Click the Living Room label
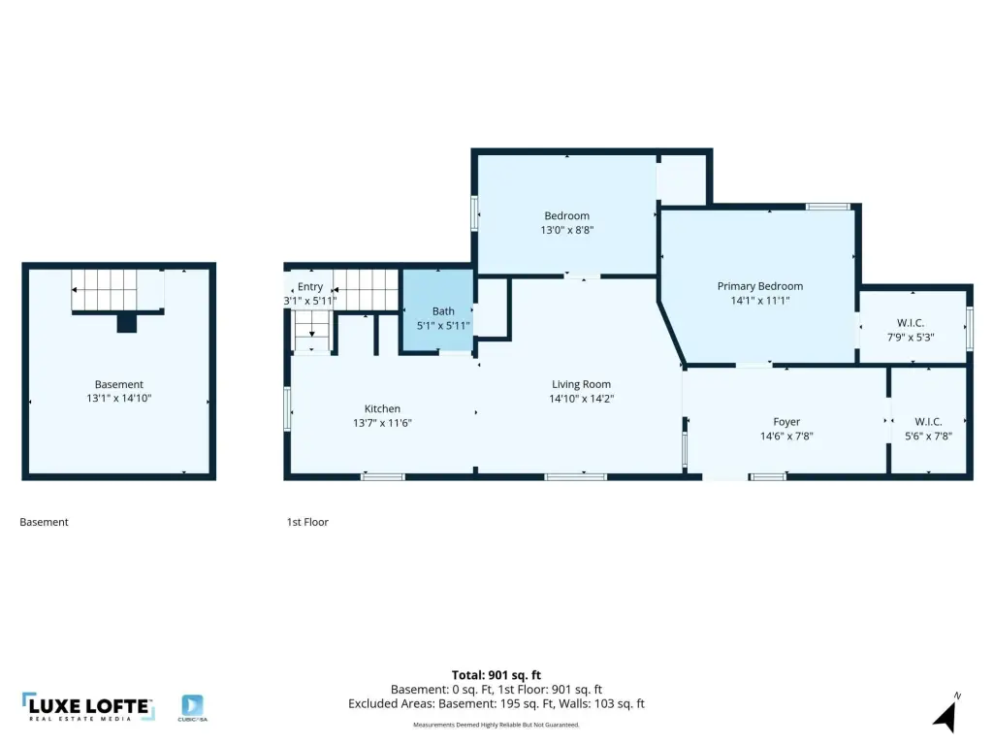pyautogui.click(x=581, y=384)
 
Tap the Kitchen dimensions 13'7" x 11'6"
pyautogui.click(x=382, y=423)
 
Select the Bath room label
pyautogui.click(x=443, y=311)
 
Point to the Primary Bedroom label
pyautogui.click(x=760, y=286)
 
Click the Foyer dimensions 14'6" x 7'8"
pyautogui.click(x=786, y=436)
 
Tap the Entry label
pyautogui.click(x=310, y=287)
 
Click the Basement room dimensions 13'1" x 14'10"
pyautogui.click(x=119, y=398)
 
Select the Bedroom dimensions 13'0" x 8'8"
pyautogui.click(x=566, y=230)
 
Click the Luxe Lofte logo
pyautogui.click(x=88, y=706)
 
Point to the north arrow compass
pyautogui.click(x=946, y=713)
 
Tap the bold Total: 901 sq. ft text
pyautogui.click(x=496, y=675)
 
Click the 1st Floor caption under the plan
pyautogui.click(x=307, y=522)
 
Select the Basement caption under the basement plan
pyautogui.click(x=44, y=522)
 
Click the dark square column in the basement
pyautogui.click(x=127, y=323)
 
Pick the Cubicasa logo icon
pyautogui.click(x=192, y=705)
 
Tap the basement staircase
pyautogui.click(x=117, y=290)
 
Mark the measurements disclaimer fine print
pyautogui.click(x=496, y=725)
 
